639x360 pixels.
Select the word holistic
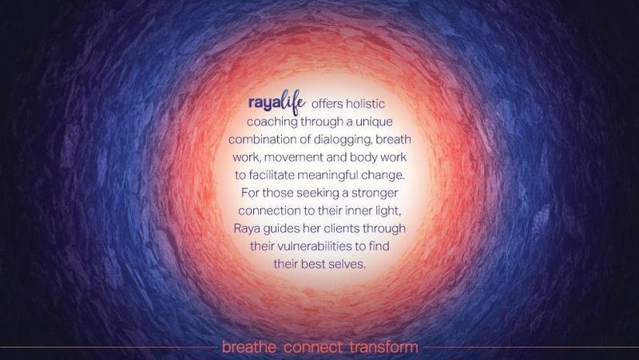click(x=365, y=104)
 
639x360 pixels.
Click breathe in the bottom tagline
click(x=249, y=347)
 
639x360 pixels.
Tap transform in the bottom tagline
click(x=384, y=347)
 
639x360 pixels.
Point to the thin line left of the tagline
click(x=109, y=347)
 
